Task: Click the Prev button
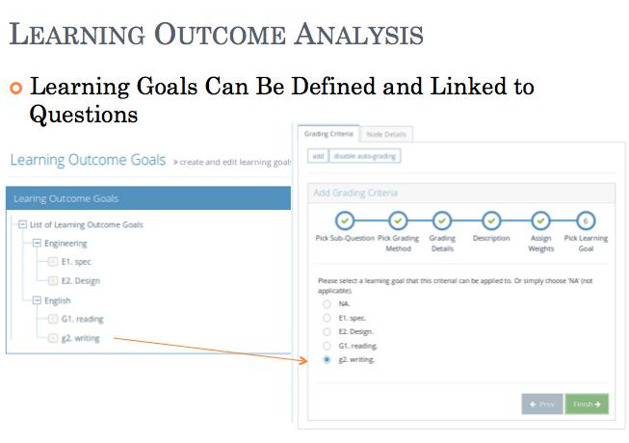click(540, 404)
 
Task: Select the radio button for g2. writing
click(328, 359)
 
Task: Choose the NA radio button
click(328, 303)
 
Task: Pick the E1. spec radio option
click(328, 317)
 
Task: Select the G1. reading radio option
click(328, 345)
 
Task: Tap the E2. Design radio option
click(328, 331)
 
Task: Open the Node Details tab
click(387, 134)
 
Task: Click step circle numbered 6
click(586, 221)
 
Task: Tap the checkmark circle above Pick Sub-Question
click(345, 221)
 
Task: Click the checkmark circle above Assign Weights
click(540, 221)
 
